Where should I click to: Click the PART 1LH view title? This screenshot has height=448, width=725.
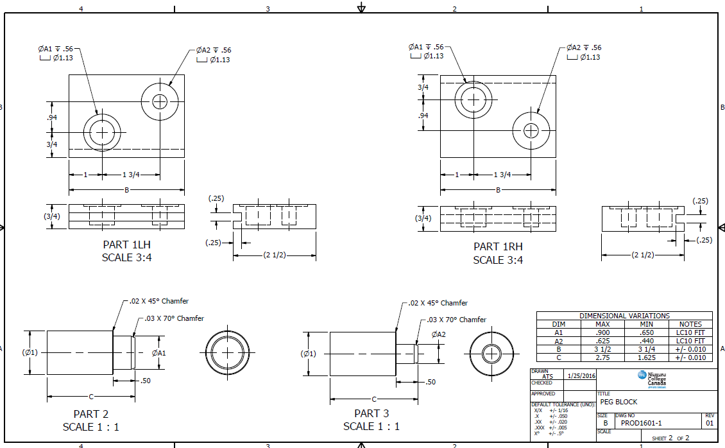tap(126, 245)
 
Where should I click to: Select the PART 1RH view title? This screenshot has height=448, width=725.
tap(498, 246)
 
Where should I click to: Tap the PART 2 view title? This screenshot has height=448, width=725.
tap(90, 414)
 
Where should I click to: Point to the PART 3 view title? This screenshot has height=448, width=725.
tap(371, 413)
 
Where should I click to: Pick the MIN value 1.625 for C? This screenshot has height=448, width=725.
tap(646, 357)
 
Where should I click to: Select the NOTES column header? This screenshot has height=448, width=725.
tap(690, 324)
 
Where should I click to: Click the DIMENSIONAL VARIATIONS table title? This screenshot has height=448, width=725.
tap(624, 316)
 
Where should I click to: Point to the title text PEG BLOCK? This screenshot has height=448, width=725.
tap(618, 402)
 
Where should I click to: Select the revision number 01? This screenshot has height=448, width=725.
tap(709, 423)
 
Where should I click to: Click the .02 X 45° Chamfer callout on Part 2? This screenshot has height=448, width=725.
tap(158, 301)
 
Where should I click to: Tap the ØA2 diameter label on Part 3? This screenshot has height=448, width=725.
tap(438, 334)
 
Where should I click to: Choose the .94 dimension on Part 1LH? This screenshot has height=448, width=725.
tap(52, 117)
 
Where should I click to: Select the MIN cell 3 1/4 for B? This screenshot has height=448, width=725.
tap(646, 349)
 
